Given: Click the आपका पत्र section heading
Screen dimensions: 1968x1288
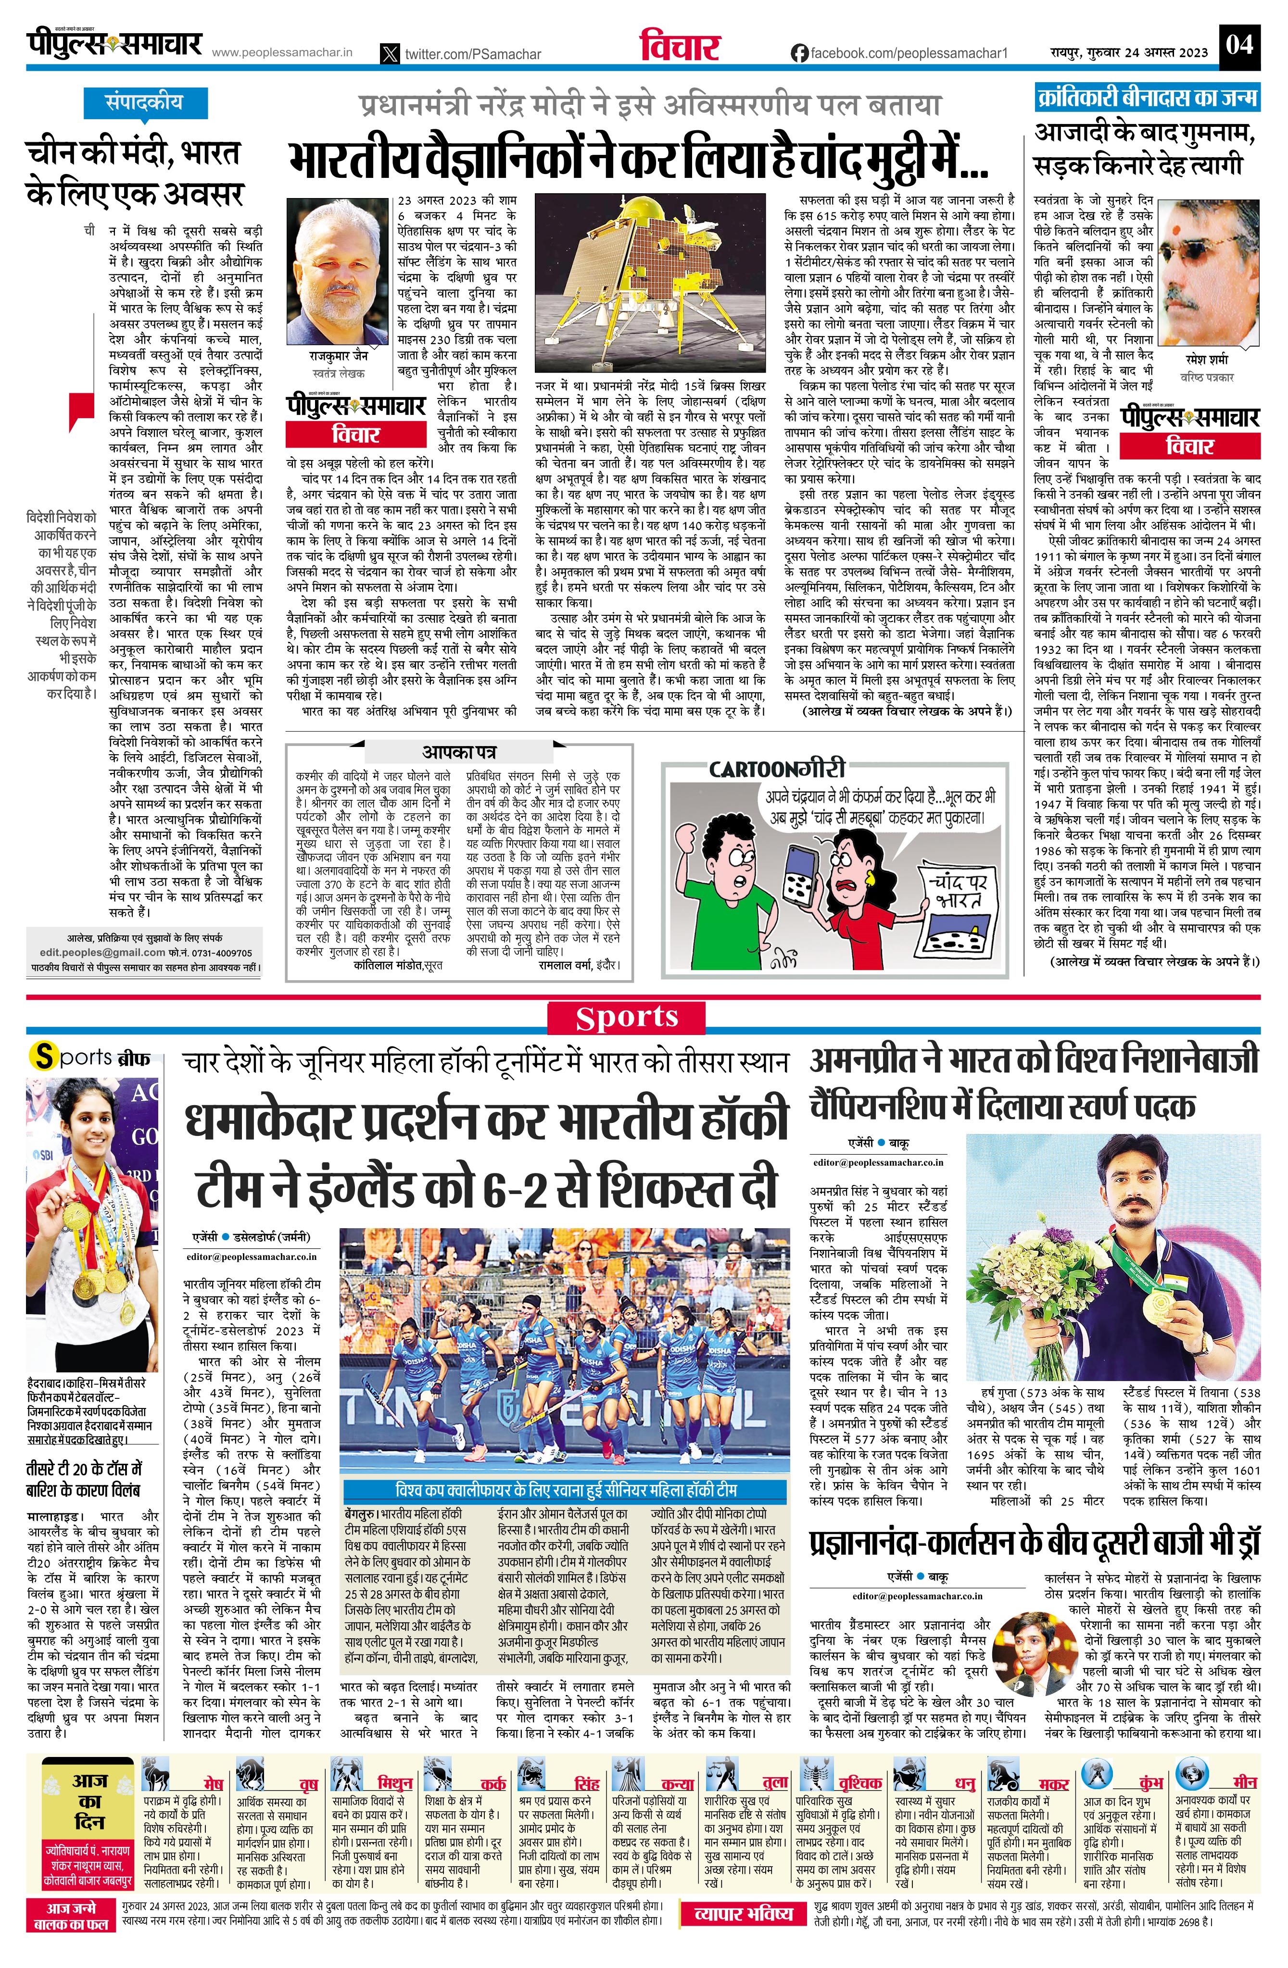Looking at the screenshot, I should [x=459, y=752].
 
